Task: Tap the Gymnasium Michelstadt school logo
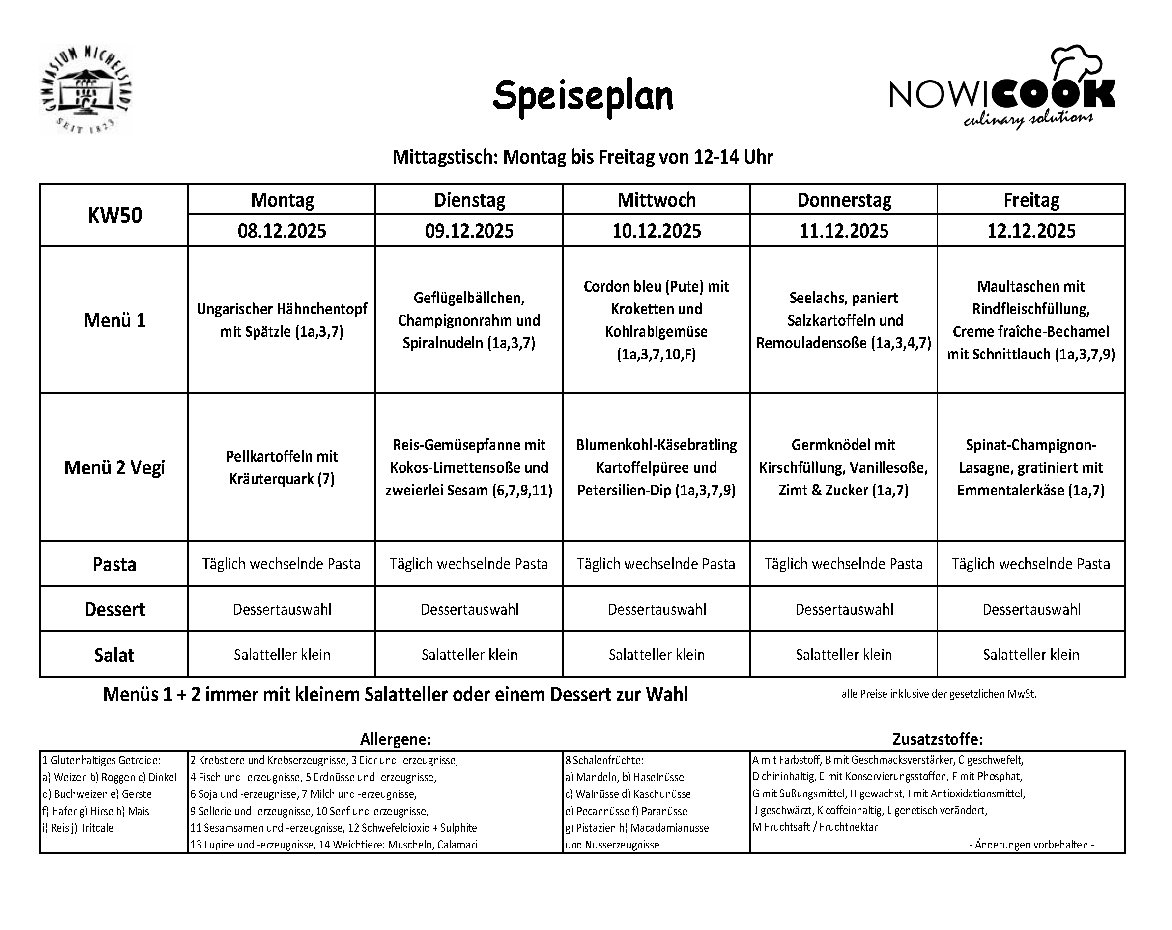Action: point(86,90)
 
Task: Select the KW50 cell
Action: point(114,216)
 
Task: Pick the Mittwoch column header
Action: point(656,200)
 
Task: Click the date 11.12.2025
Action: point(844,231)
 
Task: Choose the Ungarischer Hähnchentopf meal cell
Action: point(282,321)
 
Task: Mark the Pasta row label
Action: point(114,564)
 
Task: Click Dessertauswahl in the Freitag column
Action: point(1031,609)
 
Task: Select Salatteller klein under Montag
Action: point(282,655)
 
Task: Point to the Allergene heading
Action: point(395,739)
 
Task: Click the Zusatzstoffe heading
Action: point(937,739)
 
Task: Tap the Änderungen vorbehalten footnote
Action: point(1031,845)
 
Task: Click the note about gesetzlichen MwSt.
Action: point(939,694)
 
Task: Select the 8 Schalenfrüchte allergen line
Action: point(604,761)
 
